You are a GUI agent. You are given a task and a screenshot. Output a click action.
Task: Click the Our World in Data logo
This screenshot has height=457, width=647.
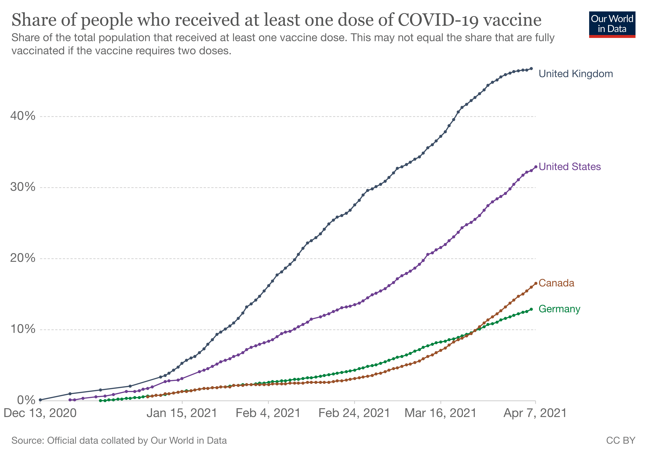612,24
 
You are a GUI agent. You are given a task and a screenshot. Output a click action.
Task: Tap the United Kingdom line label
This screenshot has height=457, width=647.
575,74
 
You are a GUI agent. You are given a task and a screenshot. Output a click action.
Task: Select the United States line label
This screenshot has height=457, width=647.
570,167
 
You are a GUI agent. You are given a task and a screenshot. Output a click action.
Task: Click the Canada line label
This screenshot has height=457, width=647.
556,283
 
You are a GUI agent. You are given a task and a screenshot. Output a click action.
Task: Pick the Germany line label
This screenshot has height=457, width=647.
559,309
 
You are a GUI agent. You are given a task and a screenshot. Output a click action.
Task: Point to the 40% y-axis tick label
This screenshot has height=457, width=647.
23,116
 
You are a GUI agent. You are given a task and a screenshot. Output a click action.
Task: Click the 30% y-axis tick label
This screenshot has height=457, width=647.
23,187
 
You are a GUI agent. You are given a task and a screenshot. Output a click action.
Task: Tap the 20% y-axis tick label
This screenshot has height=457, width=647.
23,258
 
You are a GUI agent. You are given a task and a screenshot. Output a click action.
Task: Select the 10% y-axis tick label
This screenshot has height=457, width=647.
23,329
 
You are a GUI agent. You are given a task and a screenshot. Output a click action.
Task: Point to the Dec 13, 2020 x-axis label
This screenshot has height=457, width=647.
40,413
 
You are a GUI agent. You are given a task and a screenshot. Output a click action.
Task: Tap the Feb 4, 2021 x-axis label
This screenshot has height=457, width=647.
268,413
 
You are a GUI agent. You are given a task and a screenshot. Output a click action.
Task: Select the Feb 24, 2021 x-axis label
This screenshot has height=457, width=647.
354,413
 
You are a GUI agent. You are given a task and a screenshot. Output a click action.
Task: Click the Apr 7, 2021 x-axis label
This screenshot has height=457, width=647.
535,413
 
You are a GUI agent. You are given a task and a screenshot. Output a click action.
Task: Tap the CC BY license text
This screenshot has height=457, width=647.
621,441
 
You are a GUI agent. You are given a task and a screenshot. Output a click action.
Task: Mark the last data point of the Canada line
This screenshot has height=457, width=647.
535,284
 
